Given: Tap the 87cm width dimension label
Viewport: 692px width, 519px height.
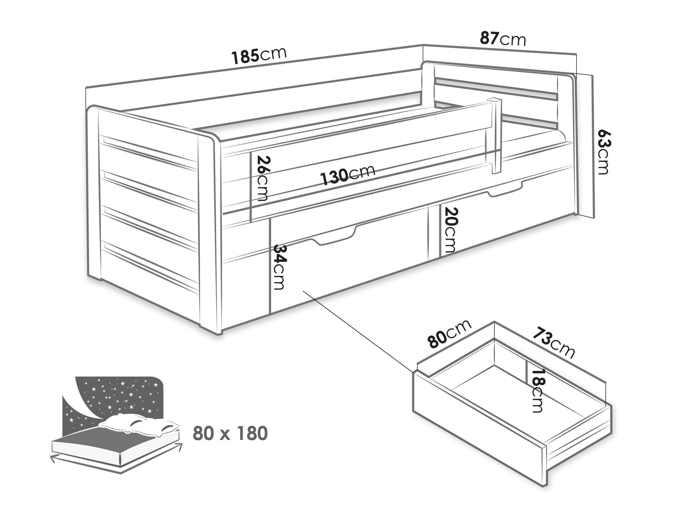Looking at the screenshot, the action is click(x=503, y=39).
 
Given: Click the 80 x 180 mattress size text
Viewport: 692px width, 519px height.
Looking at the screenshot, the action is click(x=230, y=433).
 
